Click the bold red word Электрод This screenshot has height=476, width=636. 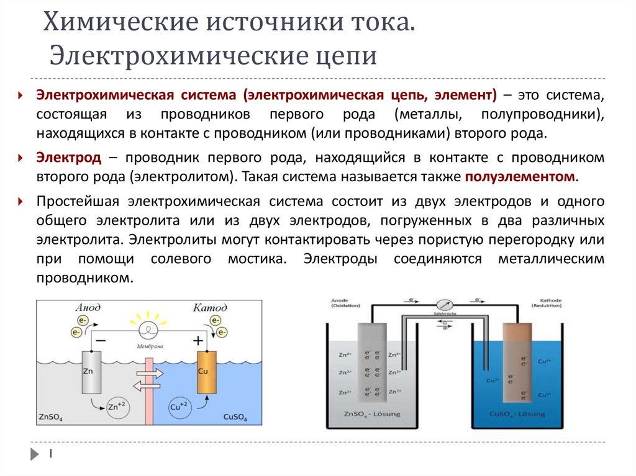point(68,158)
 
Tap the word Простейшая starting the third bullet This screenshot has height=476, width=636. point(78,202)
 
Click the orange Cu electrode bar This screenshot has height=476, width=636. point(206,372)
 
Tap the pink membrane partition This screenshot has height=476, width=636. point(148,397)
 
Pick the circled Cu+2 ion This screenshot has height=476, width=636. point(179,407)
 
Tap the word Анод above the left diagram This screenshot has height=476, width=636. point(88,308)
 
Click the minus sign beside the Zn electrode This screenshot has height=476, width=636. point(101,341)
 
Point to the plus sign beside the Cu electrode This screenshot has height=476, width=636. point(198,341)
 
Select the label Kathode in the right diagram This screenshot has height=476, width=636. point(547,300)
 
